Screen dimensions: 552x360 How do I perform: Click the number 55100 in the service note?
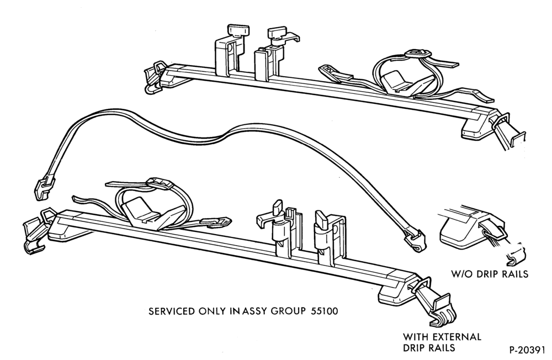click(x=324, y=311)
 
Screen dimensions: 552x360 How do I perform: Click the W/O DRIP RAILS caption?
click(x=490, y=274)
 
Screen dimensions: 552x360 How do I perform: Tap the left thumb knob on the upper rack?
click(x=238, y=30)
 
